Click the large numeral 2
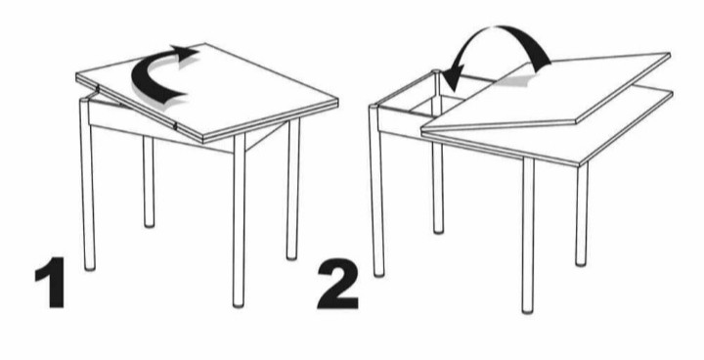(338, 283)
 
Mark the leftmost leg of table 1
(88, 185)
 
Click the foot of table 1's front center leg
(239, 303)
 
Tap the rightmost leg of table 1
(292, 189)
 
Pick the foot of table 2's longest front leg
(528, 309)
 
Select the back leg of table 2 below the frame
(438, 188)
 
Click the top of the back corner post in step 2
(436, 72)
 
